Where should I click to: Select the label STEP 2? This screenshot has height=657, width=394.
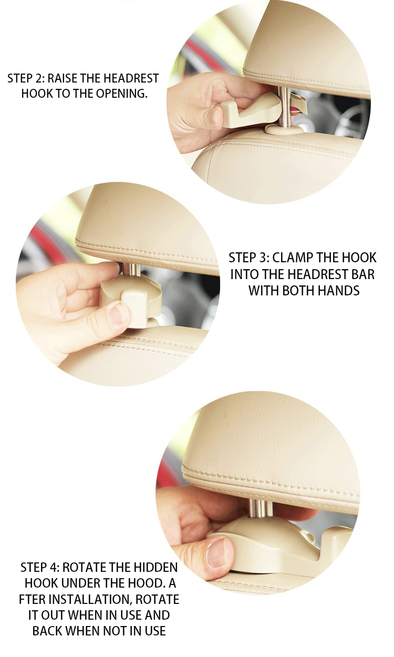pos(26,79)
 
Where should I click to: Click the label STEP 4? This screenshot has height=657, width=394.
pos(39,568)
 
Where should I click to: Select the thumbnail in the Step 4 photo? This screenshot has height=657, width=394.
pos(216,552)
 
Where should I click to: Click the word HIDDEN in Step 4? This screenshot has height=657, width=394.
pos(155,568)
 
